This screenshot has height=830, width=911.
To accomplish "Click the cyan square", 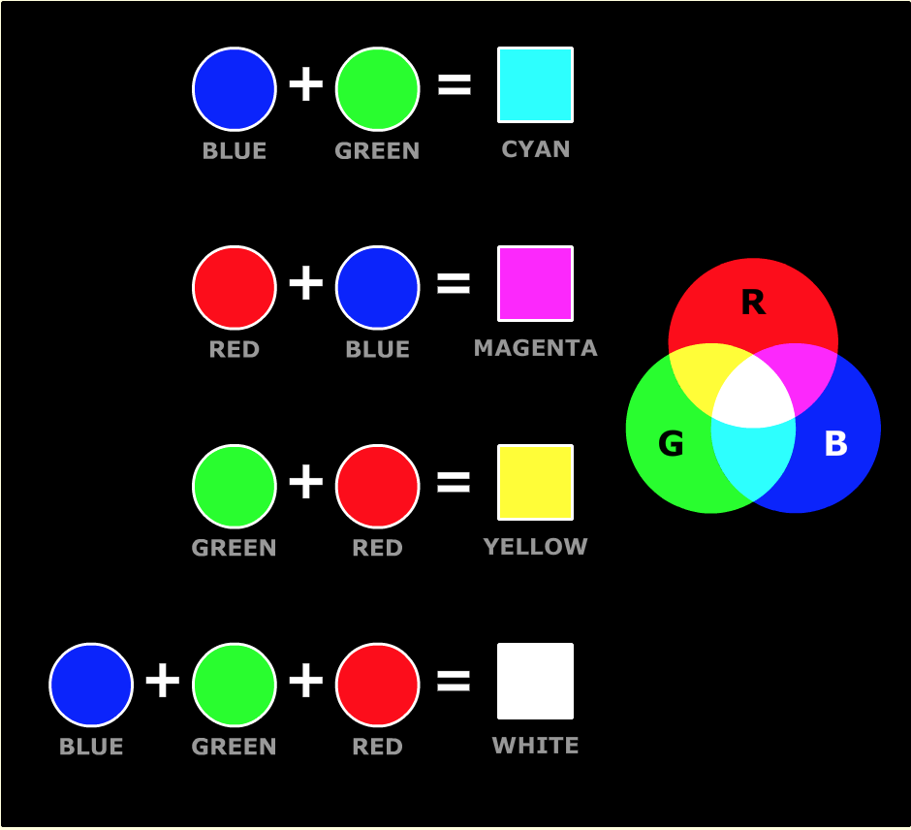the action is coord(535,85).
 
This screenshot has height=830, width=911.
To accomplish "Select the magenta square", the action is coord(535,283).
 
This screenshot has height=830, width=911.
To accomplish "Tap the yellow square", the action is coord(535,482).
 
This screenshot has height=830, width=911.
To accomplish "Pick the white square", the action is coord(535,681).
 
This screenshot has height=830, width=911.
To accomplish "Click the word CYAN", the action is coord(535,149).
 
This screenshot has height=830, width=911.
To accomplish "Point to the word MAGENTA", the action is coord(535,347).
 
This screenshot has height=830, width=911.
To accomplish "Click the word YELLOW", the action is coord(535,547).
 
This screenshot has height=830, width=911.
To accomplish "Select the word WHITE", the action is coord(535,746).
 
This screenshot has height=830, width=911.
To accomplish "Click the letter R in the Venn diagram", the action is coord(753,303).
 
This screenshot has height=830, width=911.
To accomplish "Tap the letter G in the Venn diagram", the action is coord(671,444).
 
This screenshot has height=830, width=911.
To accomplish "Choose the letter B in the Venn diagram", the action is coord(835,444).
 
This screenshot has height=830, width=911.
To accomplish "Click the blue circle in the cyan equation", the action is coord(235,88).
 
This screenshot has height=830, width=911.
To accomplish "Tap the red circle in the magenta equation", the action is coord(235,287).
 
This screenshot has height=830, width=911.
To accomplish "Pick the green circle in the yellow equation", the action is coord(235,486).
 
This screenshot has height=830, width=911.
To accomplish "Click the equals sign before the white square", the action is coord(454,682).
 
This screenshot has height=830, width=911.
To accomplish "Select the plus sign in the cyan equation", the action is coord(306,85).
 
